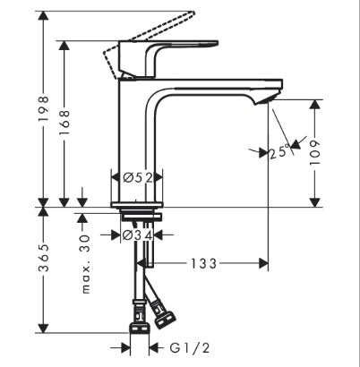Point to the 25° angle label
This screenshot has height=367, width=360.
point(279,151)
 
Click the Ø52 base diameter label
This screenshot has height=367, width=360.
point(135,177)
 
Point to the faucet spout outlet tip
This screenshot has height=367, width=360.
point(272,99)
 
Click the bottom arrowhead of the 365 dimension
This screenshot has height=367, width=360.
point(42,328)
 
